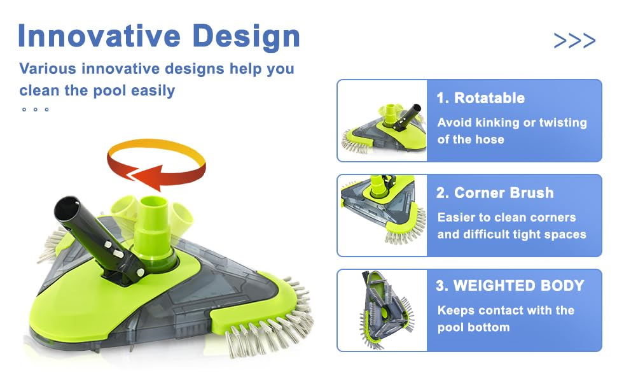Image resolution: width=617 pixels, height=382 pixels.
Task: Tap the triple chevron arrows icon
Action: pos(574,41)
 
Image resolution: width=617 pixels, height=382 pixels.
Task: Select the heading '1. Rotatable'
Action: pos(480,98)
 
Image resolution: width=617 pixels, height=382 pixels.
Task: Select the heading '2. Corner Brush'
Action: pos(495,193)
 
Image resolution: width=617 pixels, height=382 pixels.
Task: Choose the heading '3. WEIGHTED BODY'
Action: pos(510,285)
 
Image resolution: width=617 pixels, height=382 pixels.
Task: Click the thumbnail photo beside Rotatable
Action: pos(382,121)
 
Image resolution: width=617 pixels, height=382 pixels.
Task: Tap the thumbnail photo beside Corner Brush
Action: pos(382,215)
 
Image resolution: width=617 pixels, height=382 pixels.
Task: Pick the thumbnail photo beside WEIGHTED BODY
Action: pos(382,310)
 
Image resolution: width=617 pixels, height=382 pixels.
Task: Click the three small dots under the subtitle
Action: pos(36,110)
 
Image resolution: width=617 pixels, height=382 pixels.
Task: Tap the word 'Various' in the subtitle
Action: pos(47,69)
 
